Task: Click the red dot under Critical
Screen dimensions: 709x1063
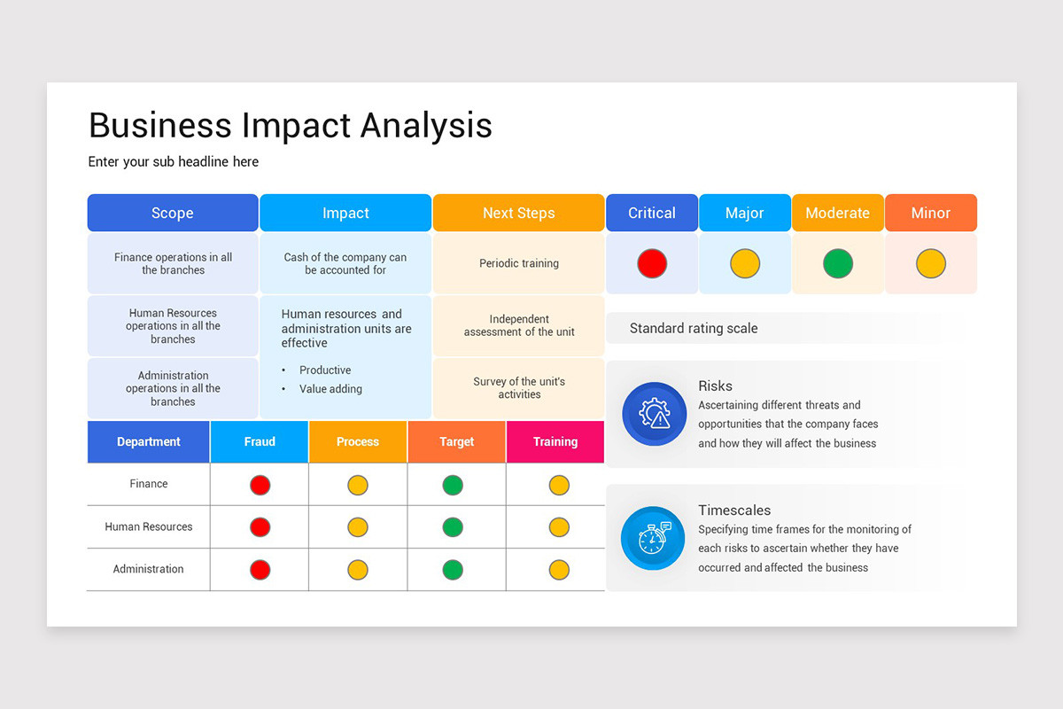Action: (x=652, y=263)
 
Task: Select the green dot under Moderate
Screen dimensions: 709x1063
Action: (x=838, y=263)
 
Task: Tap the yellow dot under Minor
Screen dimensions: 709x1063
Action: (x=931, y=263)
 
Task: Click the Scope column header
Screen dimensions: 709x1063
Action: (x=173, y=213)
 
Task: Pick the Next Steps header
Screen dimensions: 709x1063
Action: (x=519, y=213)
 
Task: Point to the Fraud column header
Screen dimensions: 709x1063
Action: (x=260, y=441)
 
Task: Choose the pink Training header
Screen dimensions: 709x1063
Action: (x=555, y=441)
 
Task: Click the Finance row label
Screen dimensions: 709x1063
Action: (x=149, y=484)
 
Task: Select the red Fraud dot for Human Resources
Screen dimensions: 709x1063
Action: (x=260, y=527)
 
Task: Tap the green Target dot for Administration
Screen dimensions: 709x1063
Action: (x=453, y=569)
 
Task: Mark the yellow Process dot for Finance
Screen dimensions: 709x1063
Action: (x=357, y=485)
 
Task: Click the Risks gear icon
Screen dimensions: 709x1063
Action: (x=655, y=414)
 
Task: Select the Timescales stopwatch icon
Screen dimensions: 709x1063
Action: (x=653, y=538)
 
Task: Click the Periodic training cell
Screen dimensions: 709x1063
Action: (x=519, y=263)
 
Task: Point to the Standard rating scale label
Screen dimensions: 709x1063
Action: (x=694, y=328)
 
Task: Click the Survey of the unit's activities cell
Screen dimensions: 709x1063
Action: (x=519, y=388)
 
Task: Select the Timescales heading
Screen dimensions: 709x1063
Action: (x=734, y=510)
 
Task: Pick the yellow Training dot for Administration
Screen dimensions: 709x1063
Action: (x=559, y=569)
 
